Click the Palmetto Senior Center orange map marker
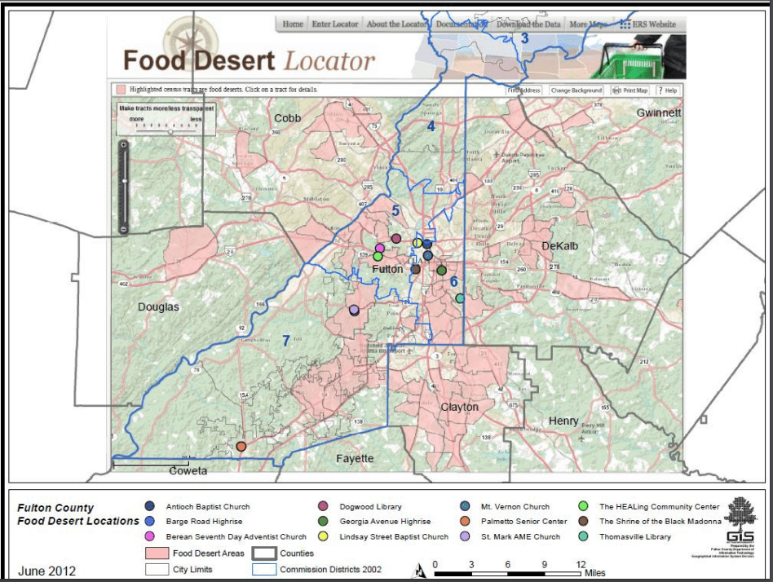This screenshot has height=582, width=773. pos(241,446)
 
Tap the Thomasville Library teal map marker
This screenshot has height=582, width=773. pos(460,299)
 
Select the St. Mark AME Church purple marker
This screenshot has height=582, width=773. pos(354,310)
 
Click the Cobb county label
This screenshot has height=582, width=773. pos(287,118)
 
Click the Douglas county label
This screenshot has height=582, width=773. pos(158,307)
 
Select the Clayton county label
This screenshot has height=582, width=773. pos(459,407)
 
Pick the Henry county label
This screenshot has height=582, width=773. pos(563,421)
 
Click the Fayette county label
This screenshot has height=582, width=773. pos(355,459)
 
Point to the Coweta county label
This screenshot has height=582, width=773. pos(188,471)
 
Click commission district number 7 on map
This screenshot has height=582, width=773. pos(286,341)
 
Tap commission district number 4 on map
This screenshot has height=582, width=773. pos(431,126)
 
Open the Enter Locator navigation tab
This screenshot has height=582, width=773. pos(334,24)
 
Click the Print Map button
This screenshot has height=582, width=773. pos(630,90)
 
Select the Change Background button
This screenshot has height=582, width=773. pos(576,90)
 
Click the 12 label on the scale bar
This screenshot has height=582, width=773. pos(581,564)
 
